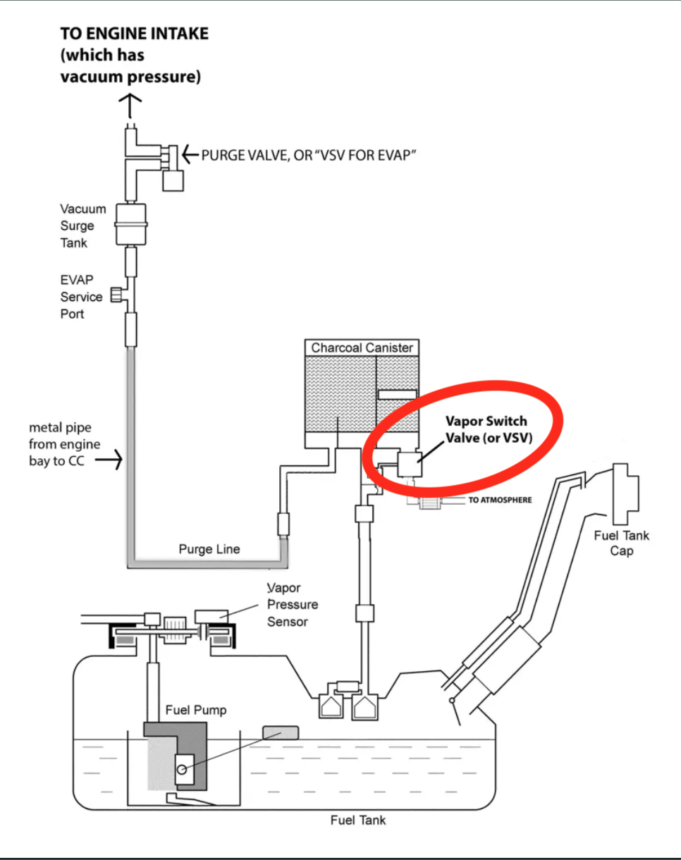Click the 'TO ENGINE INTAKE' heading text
pyautogui.click(x=134, y=34)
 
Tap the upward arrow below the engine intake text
pyautogui.click(x=130, y=106)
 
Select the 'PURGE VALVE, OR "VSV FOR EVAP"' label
pyautogui.click(x=309, y=156)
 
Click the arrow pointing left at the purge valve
pyautogui.click(x=190, y=154)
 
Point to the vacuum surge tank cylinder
pyautogui.click(x=130, y=224)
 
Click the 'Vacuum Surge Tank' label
pyautogui.click(x=83, y=226)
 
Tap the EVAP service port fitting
pyautogui.click(x=117, y=295)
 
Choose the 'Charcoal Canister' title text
pyautogui.click(x=362, y=348)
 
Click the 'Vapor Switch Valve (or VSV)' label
pyautogui.click(x=489, y=429)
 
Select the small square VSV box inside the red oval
pyautogui.click(x=410, y=465)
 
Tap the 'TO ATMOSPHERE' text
pyautogui.click(x=500, y=500)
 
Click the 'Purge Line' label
pyautogui.click(x=209, y=549)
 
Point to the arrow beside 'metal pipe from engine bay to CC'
pyautogui.click(x=109, y=460)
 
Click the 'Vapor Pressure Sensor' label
pyautogui.click(x=293, y=605)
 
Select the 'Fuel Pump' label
pyautogui.click(x=196, y=710)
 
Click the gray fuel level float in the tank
pyautogui.click(x=281, y=733)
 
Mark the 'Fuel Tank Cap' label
pyautogui.click(x=622, y=543)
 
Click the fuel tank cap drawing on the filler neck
pyautogui.click(x=626, y=494)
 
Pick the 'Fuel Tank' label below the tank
pyautogui.click(x=358, y=821)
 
